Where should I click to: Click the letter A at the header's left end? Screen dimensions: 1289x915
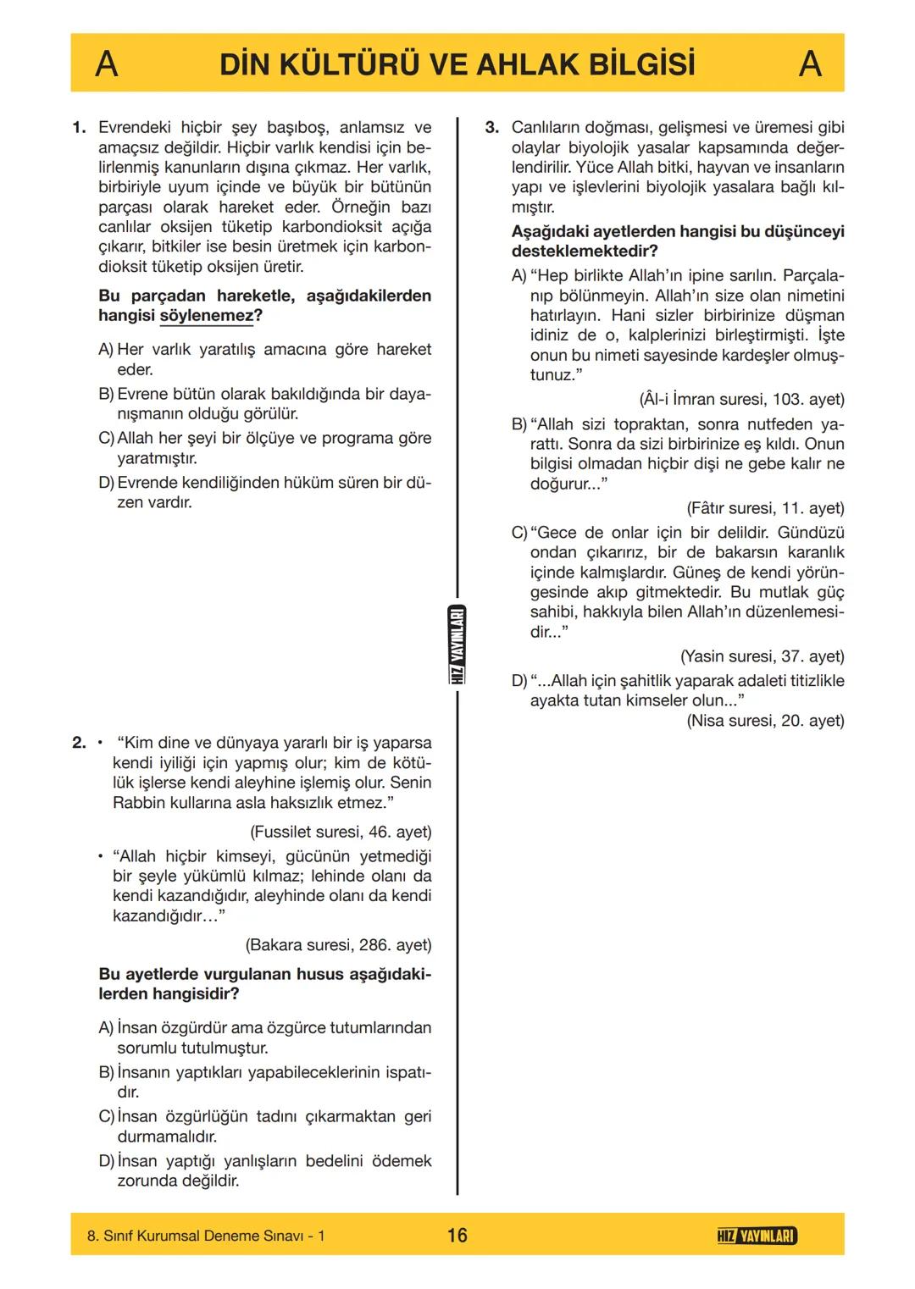(x=106, y=64)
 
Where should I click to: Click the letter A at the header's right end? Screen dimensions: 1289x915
(x=810, y=64)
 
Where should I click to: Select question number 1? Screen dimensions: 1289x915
(x=79, y=128)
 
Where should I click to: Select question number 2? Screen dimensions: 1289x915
(x=79, y=743)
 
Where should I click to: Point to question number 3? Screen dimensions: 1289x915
(x=492, y=128)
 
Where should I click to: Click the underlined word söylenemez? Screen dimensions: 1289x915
(x=206, y=316)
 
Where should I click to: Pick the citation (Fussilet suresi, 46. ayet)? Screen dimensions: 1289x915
(x=341, y=832)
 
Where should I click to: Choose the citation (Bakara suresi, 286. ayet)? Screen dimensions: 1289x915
(x=338, y=945)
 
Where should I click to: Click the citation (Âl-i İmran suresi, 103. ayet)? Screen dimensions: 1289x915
(x=741, y=400)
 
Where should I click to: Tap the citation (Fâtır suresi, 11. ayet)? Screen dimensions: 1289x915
(x=765, y=508)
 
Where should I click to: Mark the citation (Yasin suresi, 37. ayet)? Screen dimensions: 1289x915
(x=762, y=656)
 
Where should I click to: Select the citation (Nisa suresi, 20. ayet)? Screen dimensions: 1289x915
(x=765, y=721)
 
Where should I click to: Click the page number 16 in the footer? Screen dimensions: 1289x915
(x=457, y=1236)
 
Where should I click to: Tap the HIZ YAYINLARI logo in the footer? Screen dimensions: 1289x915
(x=756, y=1236)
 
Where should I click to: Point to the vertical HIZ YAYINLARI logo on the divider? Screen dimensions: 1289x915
(x=457, y=646)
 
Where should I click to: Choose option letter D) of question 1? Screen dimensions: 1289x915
(x=106, y=483)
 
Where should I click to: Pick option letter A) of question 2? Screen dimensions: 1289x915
(x=106, y=1028)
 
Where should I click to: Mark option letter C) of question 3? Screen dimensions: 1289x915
(x=519, y=533)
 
